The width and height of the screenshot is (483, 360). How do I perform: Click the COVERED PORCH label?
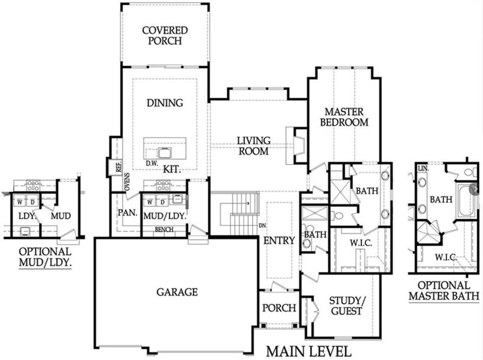pyautogui.click(x=165, y=35)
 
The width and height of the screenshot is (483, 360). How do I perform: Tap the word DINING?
pyautogui.click(x=165, y=103)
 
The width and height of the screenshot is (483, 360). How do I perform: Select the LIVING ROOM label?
pyautogui.click(x=254, y=146)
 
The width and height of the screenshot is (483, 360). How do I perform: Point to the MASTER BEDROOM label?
pyautogui.click(x=344, y=117)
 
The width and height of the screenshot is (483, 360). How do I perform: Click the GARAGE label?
pyautogui.click(x=177, y=292)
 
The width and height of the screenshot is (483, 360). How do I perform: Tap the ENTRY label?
pyautogui.click(x=279, y=241)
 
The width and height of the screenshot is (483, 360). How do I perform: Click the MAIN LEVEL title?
pyautogui.click(x=308, y=352)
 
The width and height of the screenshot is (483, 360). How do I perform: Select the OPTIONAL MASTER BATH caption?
pyautogui.click(x=444, y=291)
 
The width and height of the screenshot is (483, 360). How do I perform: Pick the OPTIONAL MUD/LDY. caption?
pyautogui.click(x=45, y=257)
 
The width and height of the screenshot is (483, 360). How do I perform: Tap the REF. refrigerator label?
pyautogui.click(x=118, y=167)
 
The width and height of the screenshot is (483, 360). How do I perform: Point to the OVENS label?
pyautogui.click(x=126, y=182)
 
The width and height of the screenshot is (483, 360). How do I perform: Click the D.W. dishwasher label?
pyautogui.click(x=152, y=164)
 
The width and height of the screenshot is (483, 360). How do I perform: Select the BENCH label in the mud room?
pyautogui.click(x=164, y=230)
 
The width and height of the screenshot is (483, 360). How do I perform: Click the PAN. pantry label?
pyautogui.click(x=127, y=213)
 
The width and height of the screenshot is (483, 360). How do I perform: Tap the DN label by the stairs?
pyautogui.click(x=262, y=226)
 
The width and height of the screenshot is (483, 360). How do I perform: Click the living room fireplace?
pyautogui.click(x=296, y=145)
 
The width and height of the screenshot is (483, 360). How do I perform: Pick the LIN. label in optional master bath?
pyautogui.click(x=423, y=168)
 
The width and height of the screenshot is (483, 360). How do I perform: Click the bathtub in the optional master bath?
pyautogui.click(x=466, y=201)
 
